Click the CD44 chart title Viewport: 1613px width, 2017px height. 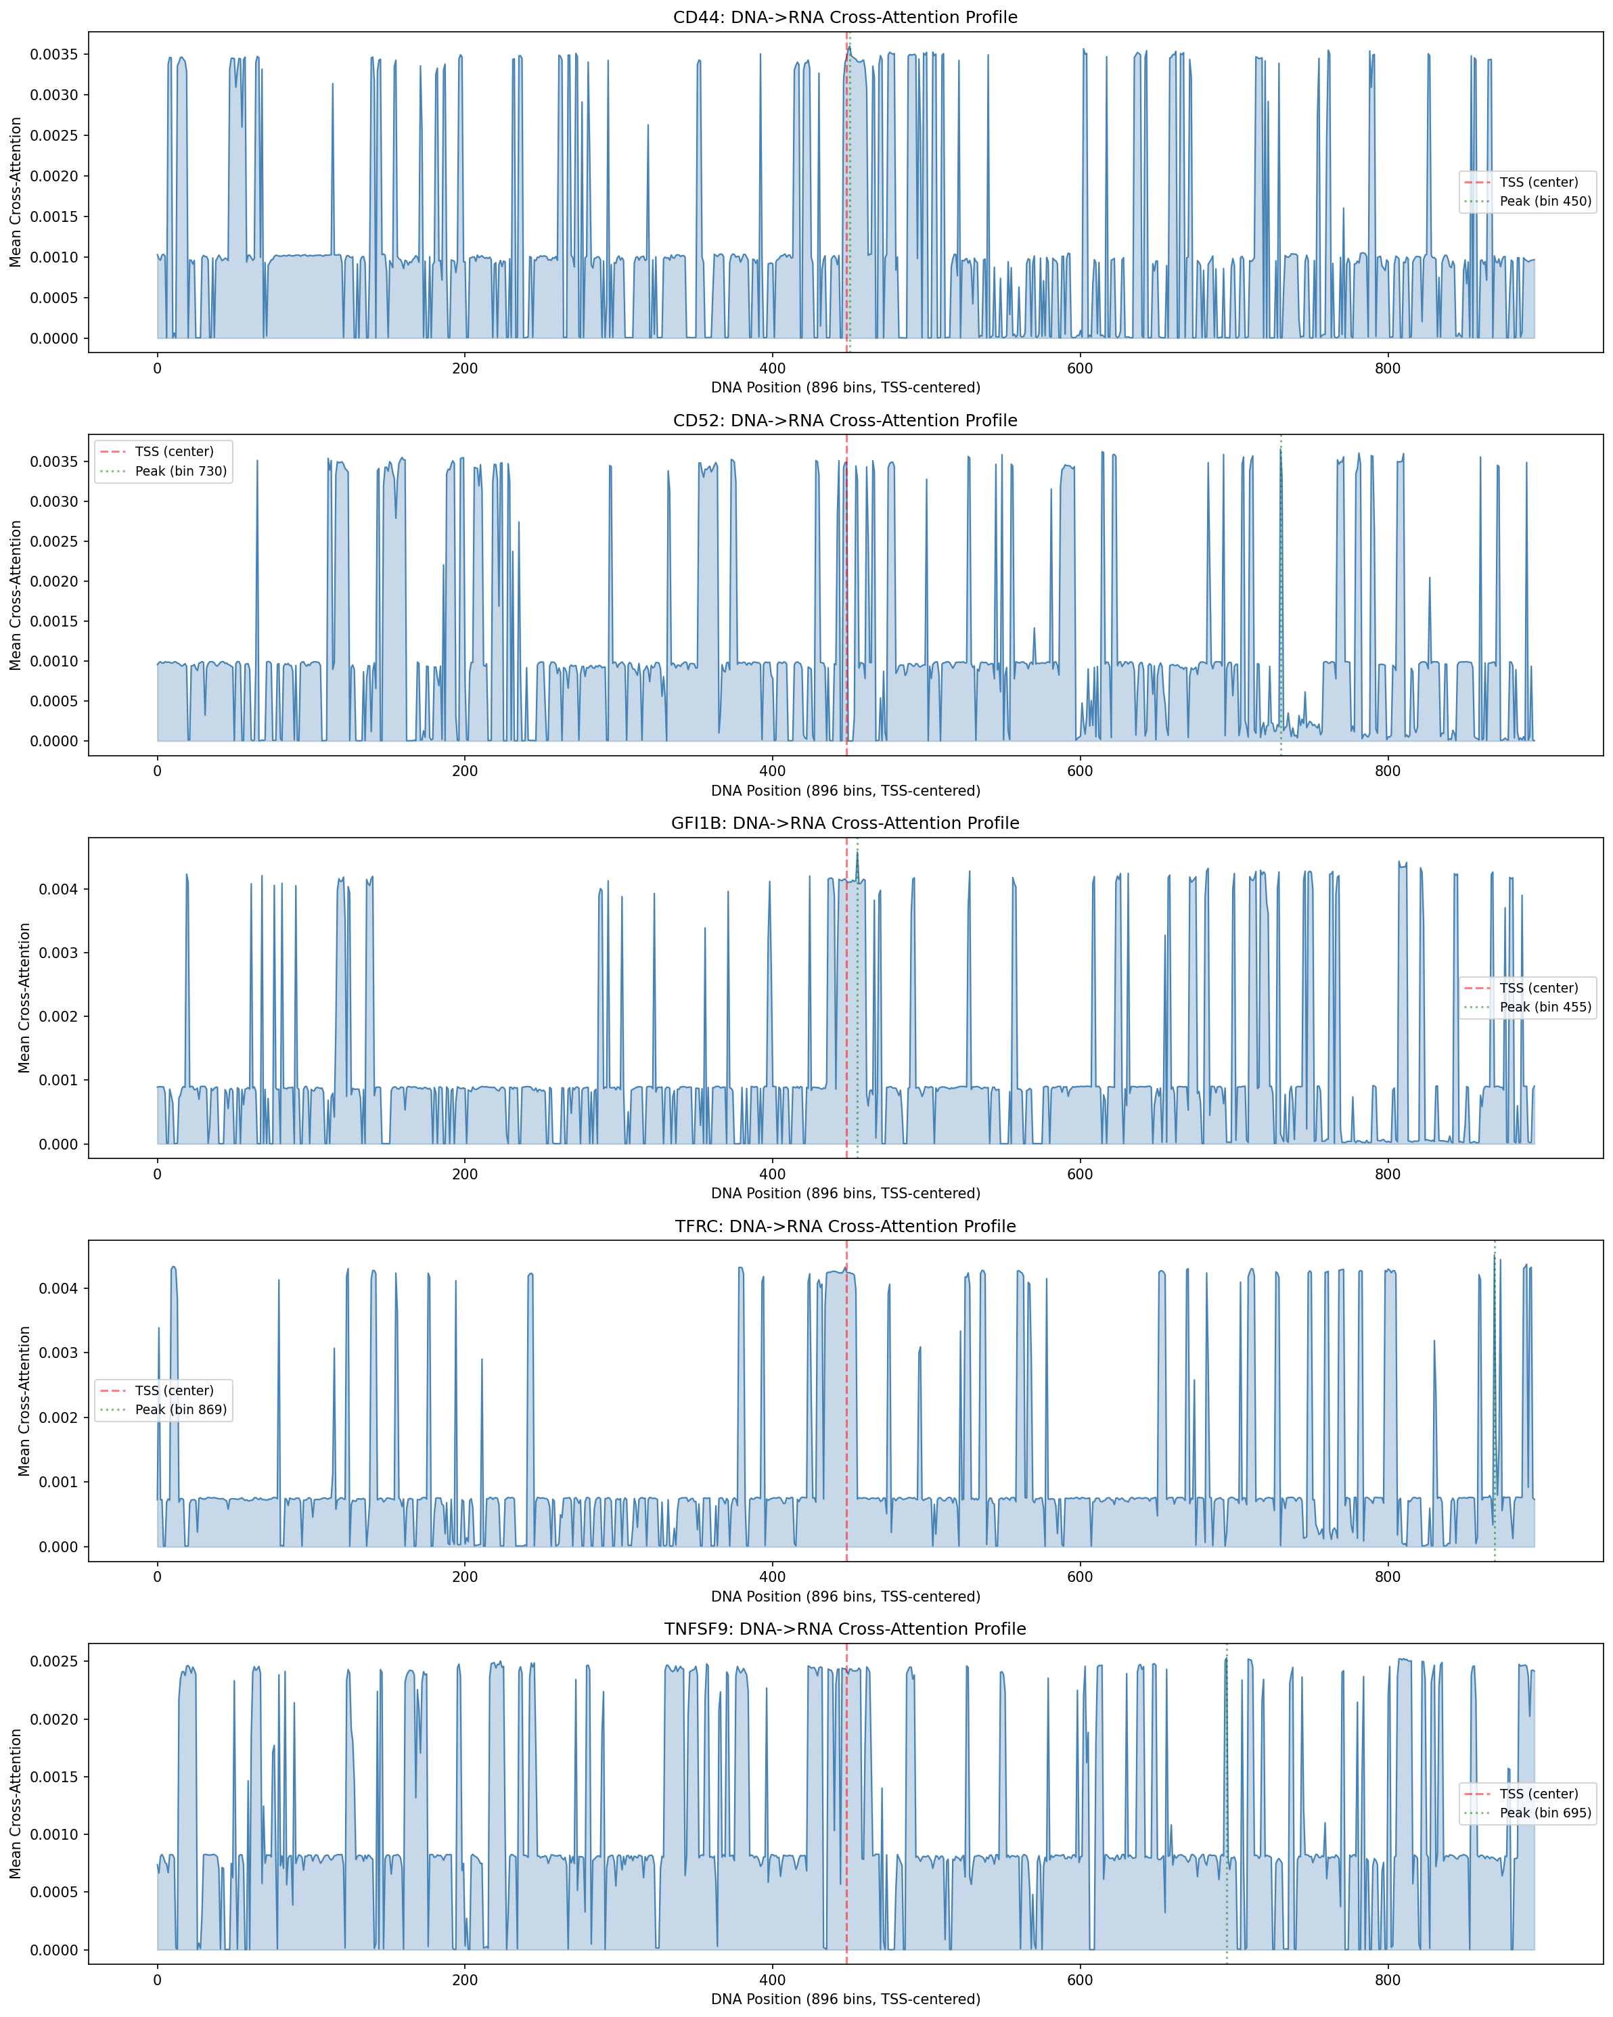845,18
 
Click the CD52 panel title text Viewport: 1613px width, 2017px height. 845,420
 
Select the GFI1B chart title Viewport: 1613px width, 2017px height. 845,823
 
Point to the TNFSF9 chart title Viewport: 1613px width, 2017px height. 845,1629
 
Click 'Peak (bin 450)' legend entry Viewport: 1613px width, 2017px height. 1545,201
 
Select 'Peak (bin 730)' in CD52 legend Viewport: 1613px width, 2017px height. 181,470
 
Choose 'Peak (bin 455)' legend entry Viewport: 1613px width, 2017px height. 1545,1007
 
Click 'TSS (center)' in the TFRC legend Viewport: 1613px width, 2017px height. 174,1390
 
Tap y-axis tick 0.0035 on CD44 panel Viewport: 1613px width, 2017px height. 54,54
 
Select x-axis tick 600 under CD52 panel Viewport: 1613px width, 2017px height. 1080,771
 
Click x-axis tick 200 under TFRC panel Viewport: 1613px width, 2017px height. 464,1577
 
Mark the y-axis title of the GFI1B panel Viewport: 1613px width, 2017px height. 24,997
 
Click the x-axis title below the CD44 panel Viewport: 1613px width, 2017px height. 845,387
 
